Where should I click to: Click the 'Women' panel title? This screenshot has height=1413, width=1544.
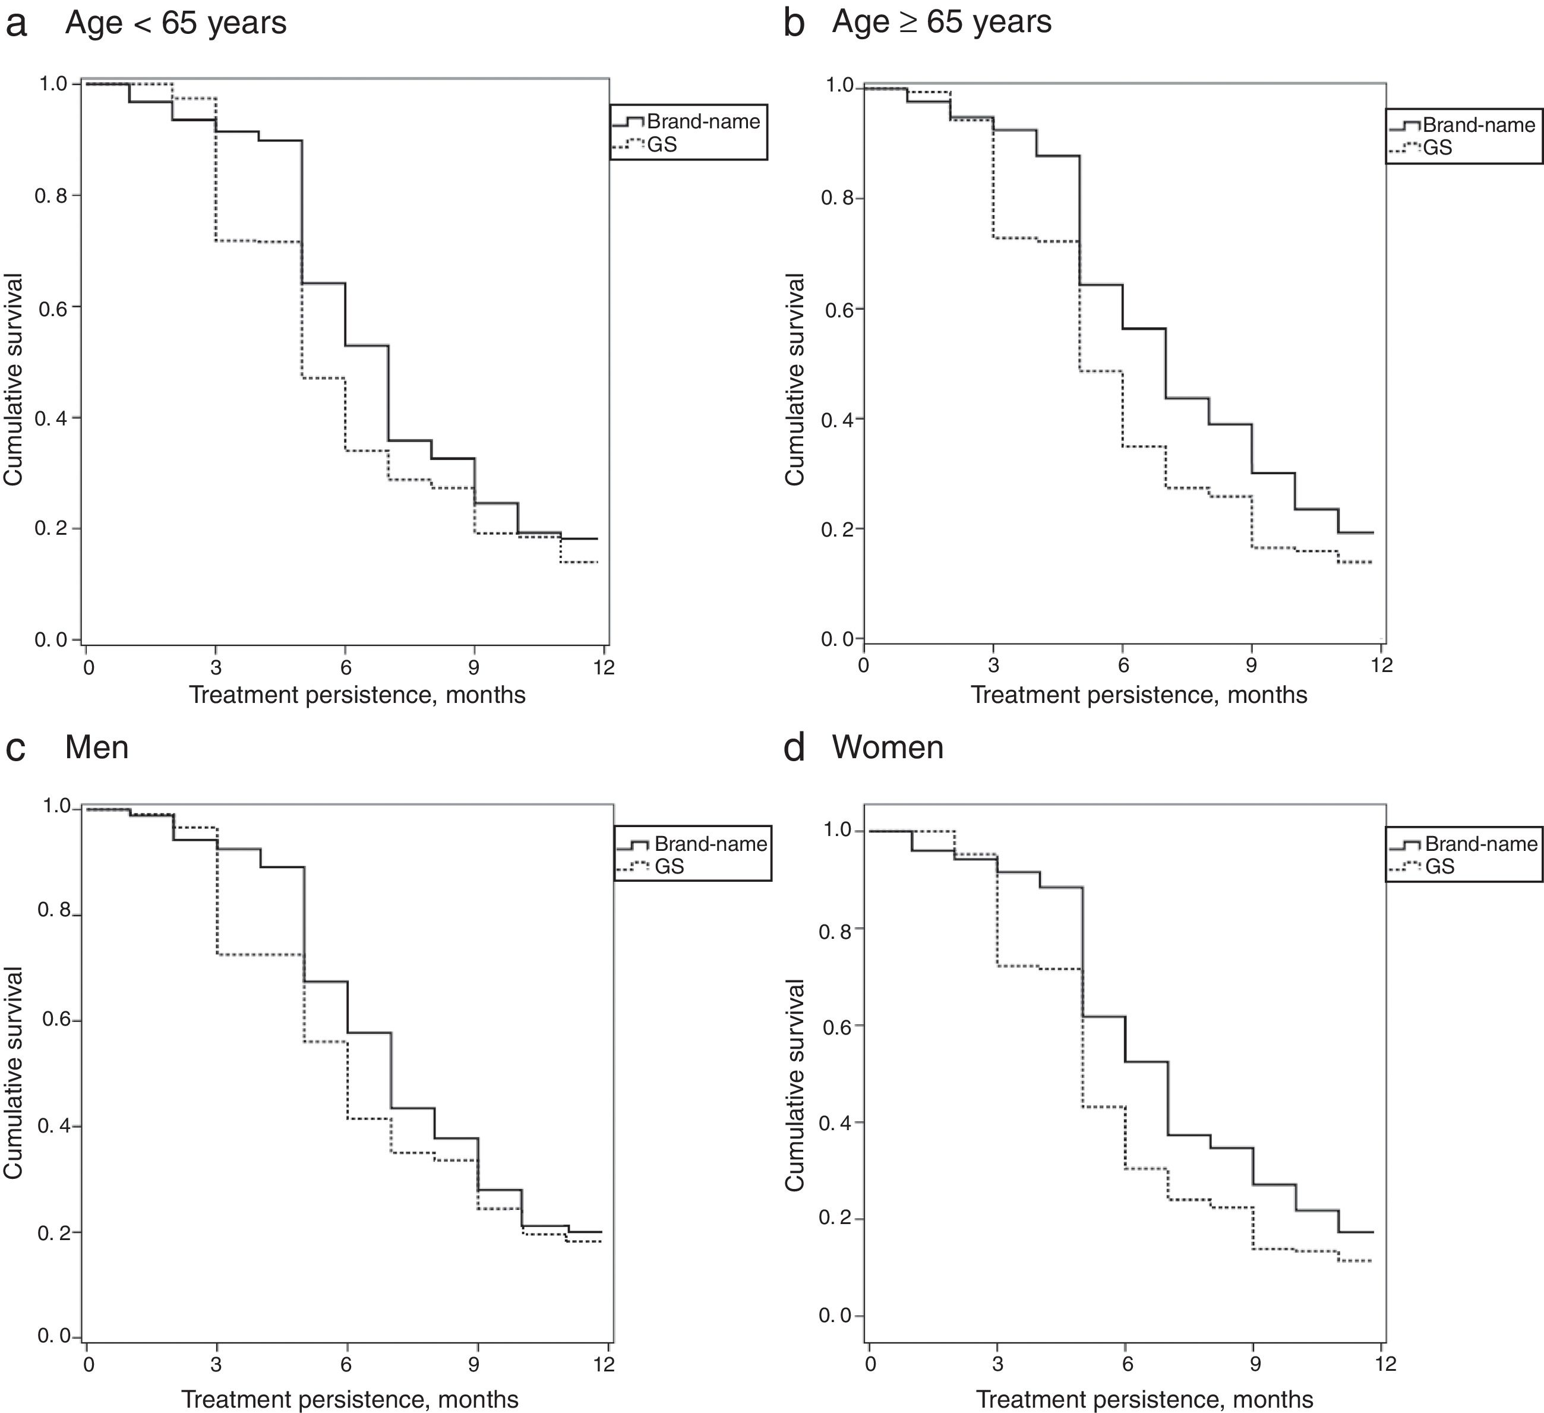tap(888, 747)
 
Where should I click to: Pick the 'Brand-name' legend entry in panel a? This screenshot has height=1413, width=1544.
tap(702, 122)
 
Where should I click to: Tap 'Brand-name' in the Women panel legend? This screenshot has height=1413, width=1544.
tap(1480, 844)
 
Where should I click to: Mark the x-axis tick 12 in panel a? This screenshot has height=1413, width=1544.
tap(604, 668)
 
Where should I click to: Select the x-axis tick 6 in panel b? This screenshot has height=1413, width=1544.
tap(1123, 665)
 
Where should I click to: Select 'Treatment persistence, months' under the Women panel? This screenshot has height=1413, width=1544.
tap(1144, 1399)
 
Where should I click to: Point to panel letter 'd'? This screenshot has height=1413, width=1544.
tap(794, 748)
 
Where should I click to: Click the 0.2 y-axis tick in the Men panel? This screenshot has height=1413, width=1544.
tap(55, 1233)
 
